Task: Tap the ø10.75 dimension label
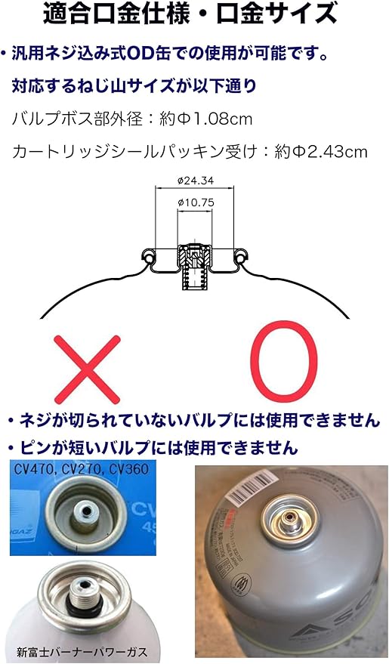pyautogui.click(x=196, y=202)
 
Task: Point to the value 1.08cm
pyautogui.click(x=226, y=119)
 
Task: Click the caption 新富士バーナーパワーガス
pyautogui.click(x=82, y=650)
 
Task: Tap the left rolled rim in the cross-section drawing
pyautogui.click(x=151, y=259)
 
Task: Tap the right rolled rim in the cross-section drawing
pyautogui.click(x=240, y=259)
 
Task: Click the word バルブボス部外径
pyautogui.click(x=68, y=119)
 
